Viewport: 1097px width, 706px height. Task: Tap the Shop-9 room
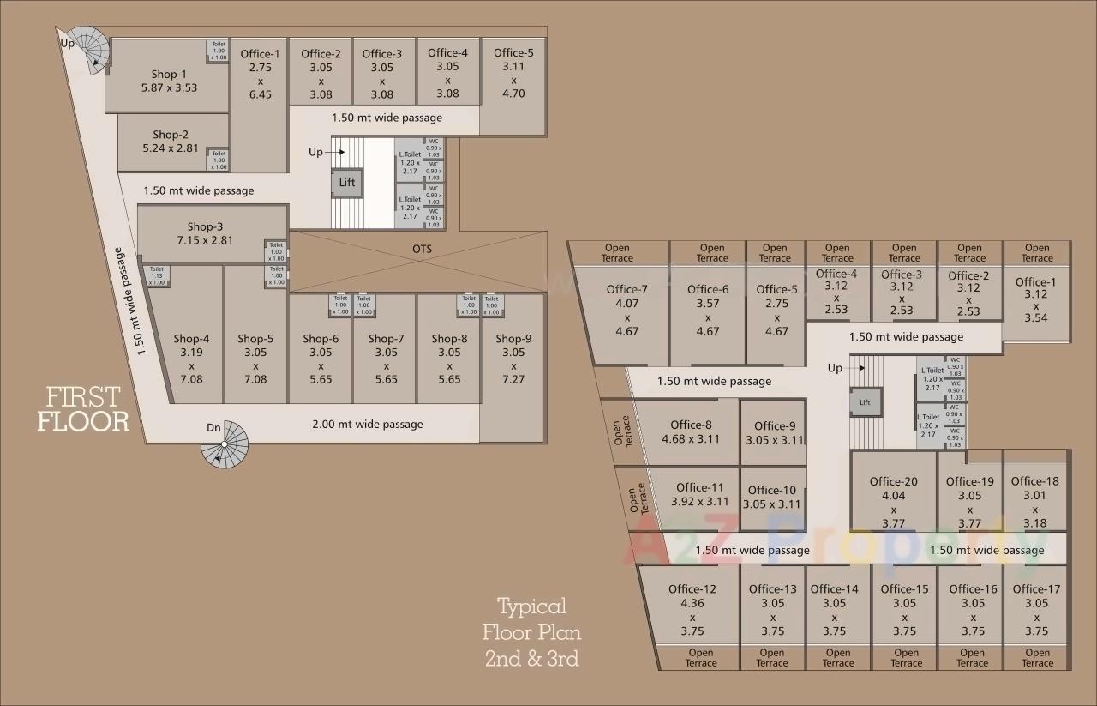coord(513,359)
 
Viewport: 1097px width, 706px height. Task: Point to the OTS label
coord(422,250)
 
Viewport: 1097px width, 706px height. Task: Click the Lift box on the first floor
coord(347,183)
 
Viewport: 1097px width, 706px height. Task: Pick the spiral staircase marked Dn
coord(225,445)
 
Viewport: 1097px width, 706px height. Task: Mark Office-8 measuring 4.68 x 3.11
coord(691,431)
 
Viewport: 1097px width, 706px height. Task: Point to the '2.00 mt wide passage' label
coord(367,424)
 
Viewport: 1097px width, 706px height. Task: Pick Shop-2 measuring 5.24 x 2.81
coord(171,142)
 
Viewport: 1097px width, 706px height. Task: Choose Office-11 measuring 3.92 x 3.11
coord(700,495)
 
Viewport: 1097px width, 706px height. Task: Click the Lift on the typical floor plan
coord(865,402)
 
